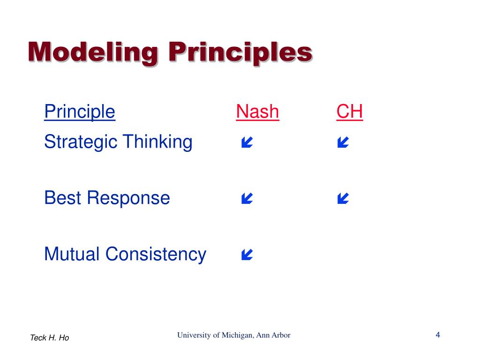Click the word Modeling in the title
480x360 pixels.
point(93,52)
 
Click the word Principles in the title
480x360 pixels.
point(240,52)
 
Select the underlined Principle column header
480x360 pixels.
point(80,112)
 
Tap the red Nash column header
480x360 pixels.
point(257,111)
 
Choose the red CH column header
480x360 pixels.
point(350,111)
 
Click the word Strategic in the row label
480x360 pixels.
point(81,142)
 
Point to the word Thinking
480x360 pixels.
point(158,142)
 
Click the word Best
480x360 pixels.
point(63,198)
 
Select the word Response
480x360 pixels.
point(128,199)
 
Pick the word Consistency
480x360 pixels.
point(156,255)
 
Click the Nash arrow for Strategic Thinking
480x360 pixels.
point(247,142)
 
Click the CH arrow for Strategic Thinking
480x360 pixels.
point(343,142)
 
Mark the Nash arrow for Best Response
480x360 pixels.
point(247,198)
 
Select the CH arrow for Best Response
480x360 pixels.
point(343,198)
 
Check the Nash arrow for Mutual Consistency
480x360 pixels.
point(247,255)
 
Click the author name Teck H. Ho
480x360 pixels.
point(50,337)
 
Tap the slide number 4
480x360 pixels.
point(438,335)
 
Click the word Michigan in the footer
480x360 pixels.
point(238,335)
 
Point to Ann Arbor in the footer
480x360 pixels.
point(273,335)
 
